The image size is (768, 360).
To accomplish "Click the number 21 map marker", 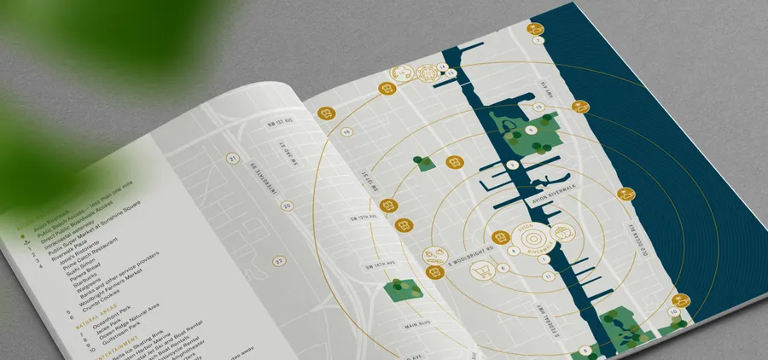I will (x=232, y=159).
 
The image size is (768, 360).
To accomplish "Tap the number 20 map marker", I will (x=287, y=206).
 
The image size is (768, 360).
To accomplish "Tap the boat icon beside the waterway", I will (x=562, y=232).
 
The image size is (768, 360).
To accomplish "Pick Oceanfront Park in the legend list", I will (x=110, y=325).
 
